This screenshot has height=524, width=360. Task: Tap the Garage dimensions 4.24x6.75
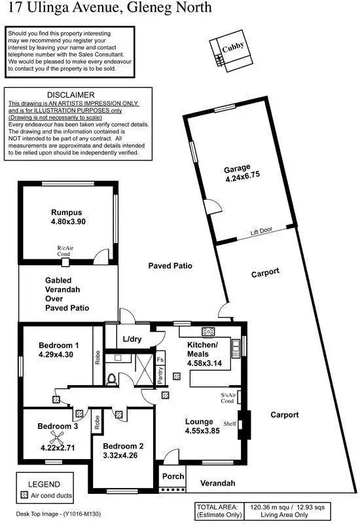tap(243, 178)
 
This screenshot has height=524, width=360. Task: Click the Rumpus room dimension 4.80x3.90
tap(68, 221)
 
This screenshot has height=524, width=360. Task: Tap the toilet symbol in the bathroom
tap(111, 379)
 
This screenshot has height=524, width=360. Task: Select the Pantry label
tap(160, 377)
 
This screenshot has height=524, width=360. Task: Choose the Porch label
tap(173, 476)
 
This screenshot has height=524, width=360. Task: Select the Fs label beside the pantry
tap(160, 360)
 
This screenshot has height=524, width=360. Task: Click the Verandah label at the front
tap(218, 483)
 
